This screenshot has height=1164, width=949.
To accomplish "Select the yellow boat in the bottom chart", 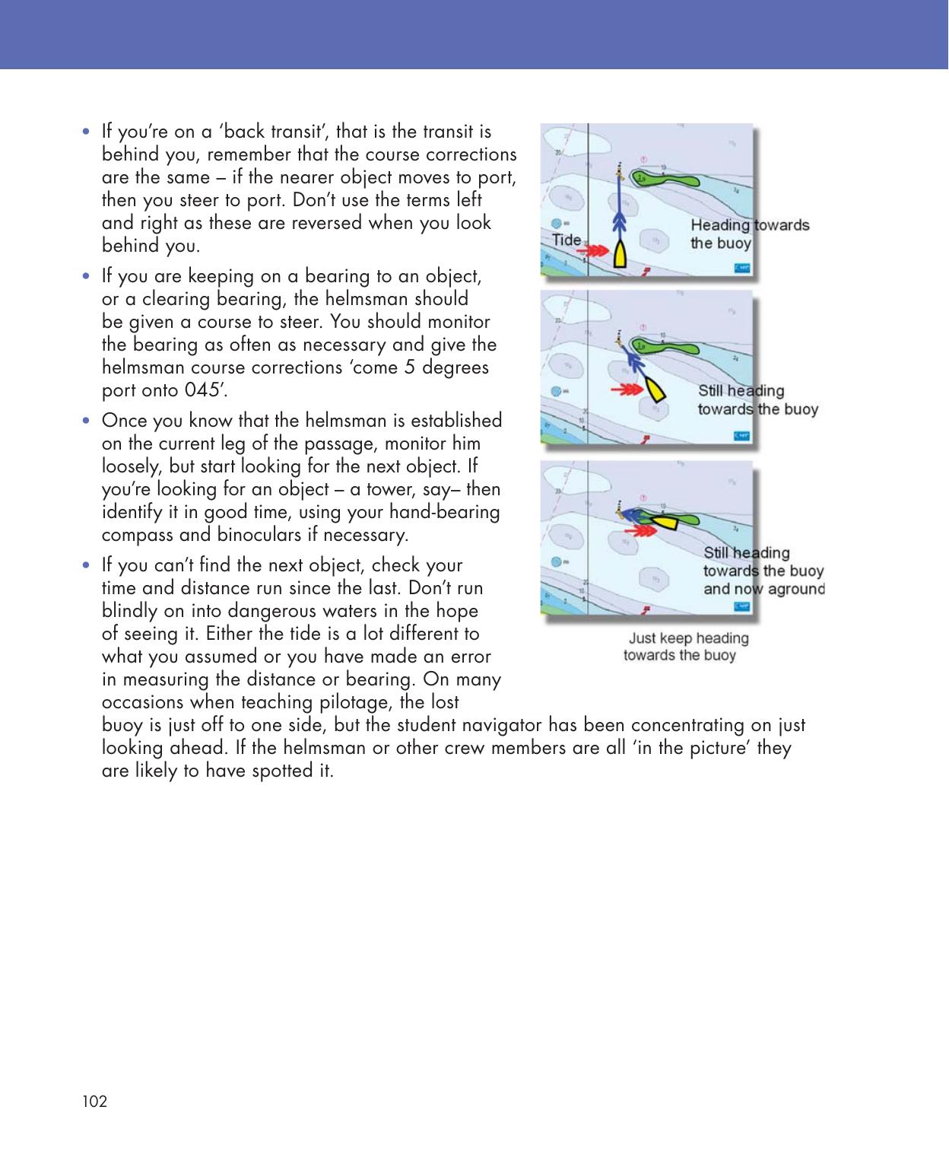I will (666, 523).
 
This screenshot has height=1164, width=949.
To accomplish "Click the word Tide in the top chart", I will (567, 240).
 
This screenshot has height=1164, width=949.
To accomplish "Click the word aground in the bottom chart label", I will (794, 589).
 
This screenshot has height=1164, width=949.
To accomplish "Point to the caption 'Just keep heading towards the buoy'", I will (685, 647).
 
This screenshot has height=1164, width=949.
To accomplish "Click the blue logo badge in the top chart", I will (742, 269).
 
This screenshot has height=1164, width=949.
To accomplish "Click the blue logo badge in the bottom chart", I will (742, 606).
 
